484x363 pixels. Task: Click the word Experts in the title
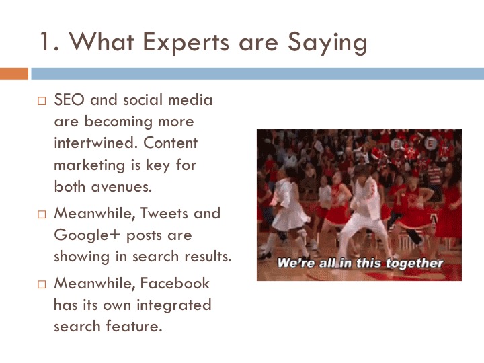(x=186, y=42)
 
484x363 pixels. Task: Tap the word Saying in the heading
(x=328, y=44)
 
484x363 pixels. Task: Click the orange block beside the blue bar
(x=14, y=74)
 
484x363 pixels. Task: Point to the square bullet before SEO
(x=42, y=101)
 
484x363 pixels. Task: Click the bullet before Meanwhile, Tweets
(x=42, y=214)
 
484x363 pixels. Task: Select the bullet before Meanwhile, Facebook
(x=42, y=284)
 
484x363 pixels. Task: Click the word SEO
(x=69, y=99)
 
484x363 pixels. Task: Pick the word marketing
(x=89, y=166)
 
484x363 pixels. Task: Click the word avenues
(x=122, y=187)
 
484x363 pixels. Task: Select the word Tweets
(x=164, y=213)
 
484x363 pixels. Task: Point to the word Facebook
(x=175, y=284)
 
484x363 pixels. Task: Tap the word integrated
(x=174, y=306)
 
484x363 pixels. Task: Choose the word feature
(x=134, y=326)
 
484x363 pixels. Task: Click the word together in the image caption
(x=415, y=263)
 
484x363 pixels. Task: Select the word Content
(x=170, y=143)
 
